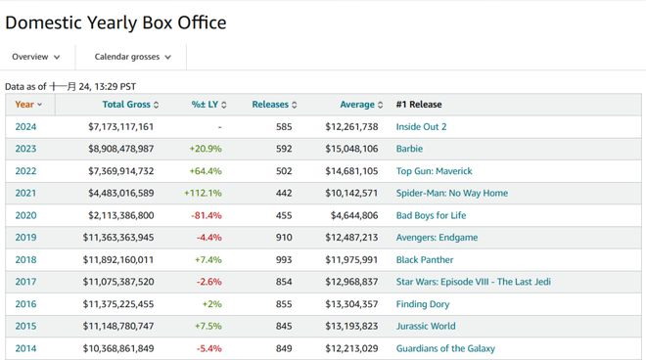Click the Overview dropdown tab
coord(36,57)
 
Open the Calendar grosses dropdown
coord(132,57)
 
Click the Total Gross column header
coord(130,105)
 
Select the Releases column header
coord(274,105)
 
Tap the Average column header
coord(361,105)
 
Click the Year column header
coord(28,105)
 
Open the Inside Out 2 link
coord(421,127)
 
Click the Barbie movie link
coord(409,149)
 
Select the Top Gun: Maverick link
coord(434,171)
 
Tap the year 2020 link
coord(25,215)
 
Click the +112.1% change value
coord(203,193)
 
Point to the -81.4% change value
coord(206,215)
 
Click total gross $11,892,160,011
coord(118,260)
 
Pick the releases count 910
coord(284,238)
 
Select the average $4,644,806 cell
coord(354,215)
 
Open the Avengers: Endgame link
coord(437,238)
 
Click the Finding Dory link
coord(423,304)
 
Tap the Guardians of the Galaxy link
coord(445,348)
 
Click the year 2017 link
coord(25,282)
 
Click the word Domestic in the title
coord(43,22)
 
